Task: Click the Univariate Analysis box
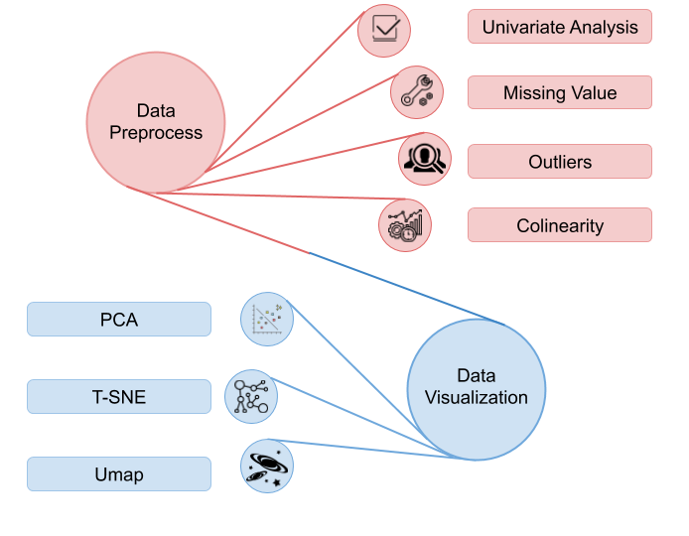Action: click(x=560, y=27)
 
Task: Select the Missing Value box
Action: click(x=560, y=92)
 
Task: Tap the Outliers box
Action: click(x=560, y=161)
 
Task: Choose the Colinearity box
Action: click(x=560, y=225)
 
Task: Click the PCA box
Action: click(x=119, y=320)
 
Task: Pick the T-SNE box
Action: click(x=119, y=396)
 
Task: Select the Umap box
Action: click(x=119, y=473)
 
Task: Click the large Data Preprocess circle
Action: click(x=155, y=123)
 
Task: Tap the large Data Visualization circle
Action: click(x=477, y=388)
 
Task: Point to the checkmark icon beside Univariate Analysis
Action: click(x=384, y=29)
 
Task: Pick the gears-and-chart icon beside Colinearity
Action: click(x=405, y=224)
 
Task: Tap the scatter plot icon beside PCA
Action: click(x=267, y=319)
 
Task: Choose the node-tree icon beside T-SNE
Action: click(x=250, y=396)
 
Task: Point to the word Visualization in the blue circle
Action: click(x=477, y=398)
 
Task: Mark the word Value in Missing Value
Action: click(x=593, y=92)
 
